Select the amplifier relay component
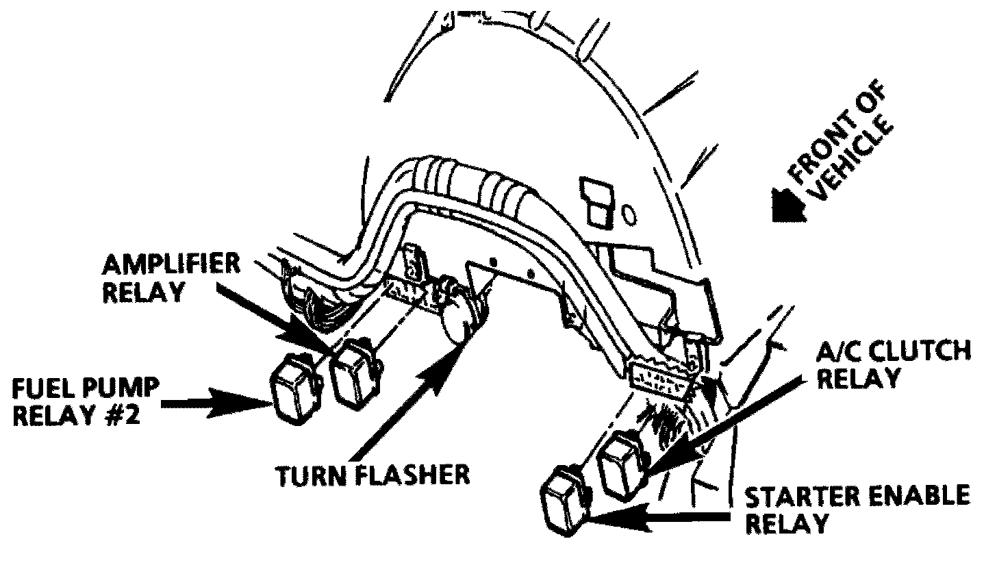[x=354, y=375]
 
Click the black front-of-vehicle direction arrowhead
[x=785, y=205]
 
